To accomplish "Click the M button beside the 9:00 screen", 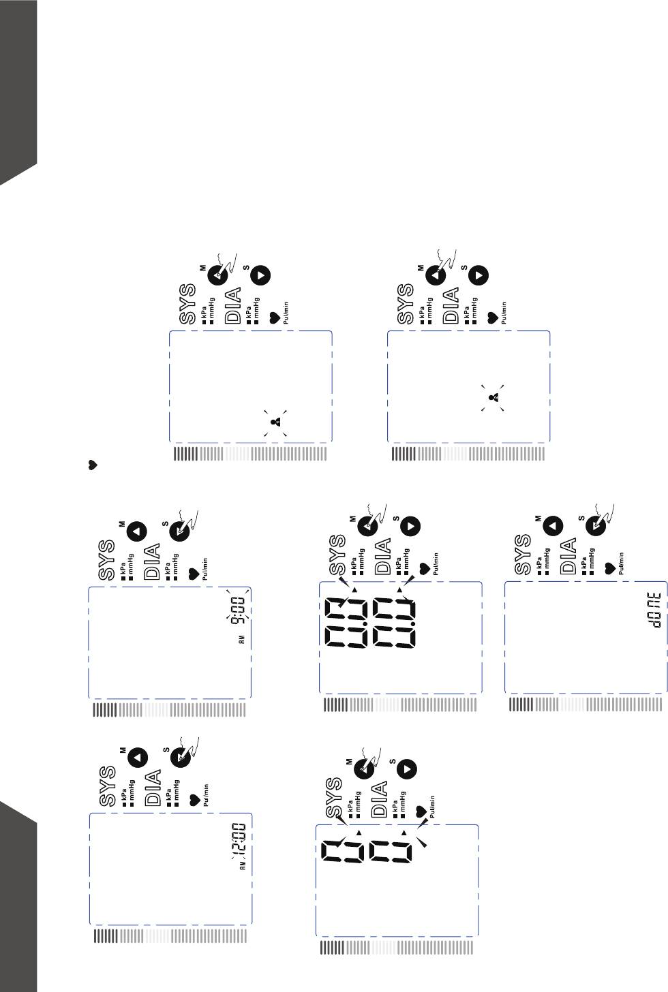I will point(138,531).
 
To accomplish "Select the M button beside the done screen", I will point(553,525).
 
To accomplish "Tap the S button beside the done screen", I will point(597,526).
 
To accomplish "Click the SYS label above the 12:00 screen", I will point(107,786).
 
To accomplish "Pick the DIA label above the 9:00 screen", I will point(152,561).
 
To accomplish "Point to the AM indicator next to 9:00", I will point(241,640).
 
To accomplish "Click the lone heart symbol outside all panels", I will point(93,465).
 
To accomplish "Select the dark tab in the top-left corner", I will point(18,89).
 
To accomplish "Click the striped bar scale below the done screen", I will point(585,704).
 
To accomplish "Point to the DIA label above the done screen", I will point(568,555).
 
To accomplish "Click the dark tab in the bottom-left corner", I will point(18,899).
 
